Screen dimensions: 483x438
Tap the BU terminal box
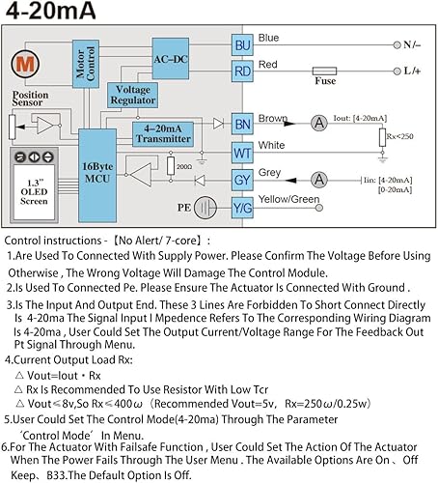(242, 44)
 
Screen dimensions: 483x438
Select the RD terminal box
(242, 70)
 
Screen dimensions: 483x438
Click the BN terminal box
(242, 124)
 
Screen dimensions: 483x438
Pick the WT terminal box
(242, 152)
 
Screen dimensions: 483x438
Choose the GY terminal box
(242, 180)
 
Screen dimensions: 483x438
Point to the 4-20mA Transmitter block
(165, 134)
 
